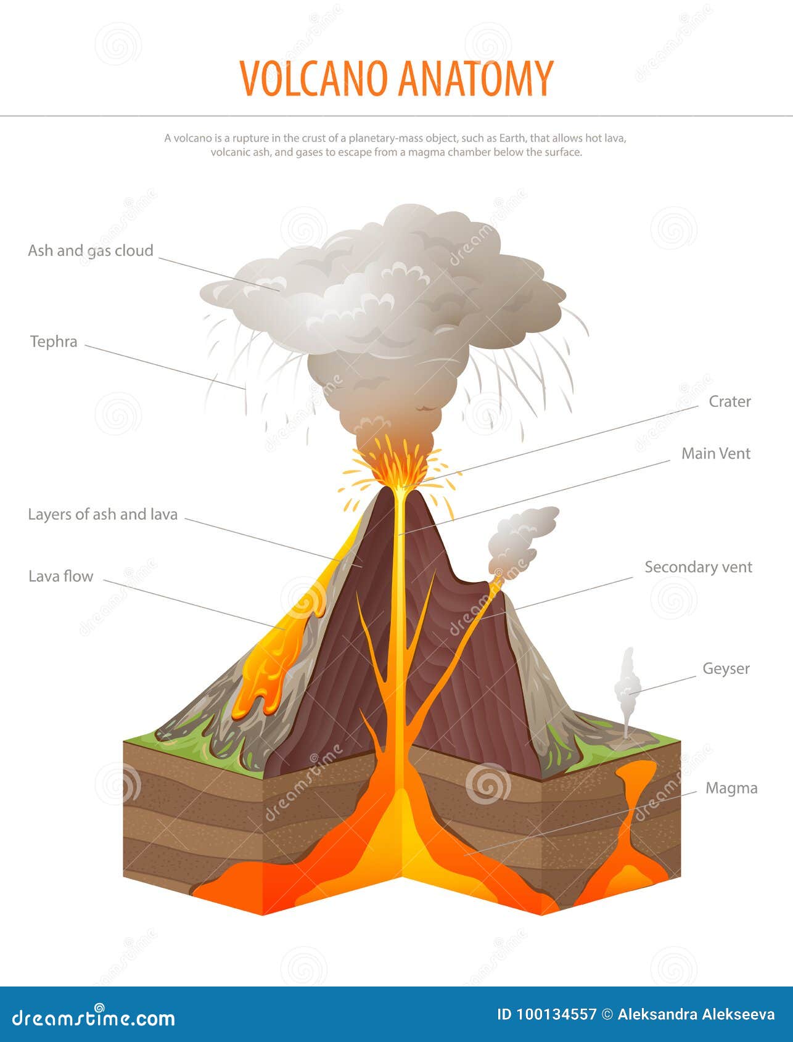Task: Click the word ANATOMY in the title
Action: pos(475,78)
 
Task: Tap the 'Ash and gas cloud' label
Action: pos(91,250)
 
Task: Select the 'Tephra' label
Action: pos(54,342)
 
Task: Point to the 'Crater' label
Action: pos(729,401)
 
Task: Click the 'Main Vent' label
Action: pos(715,454)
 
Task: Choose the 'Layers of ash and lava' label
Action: pos(102,514)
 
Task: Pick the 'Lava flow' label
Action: pos(60,576)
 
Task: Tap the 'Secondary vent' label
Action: pos(698,567)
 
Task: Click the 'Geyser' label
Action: pos(726,669)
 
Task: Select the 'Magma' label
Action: pos(731,789)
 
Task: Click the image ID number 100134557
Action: pos(546,1014)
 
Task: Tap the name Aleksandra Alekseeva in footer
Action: pos(696,1014)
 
